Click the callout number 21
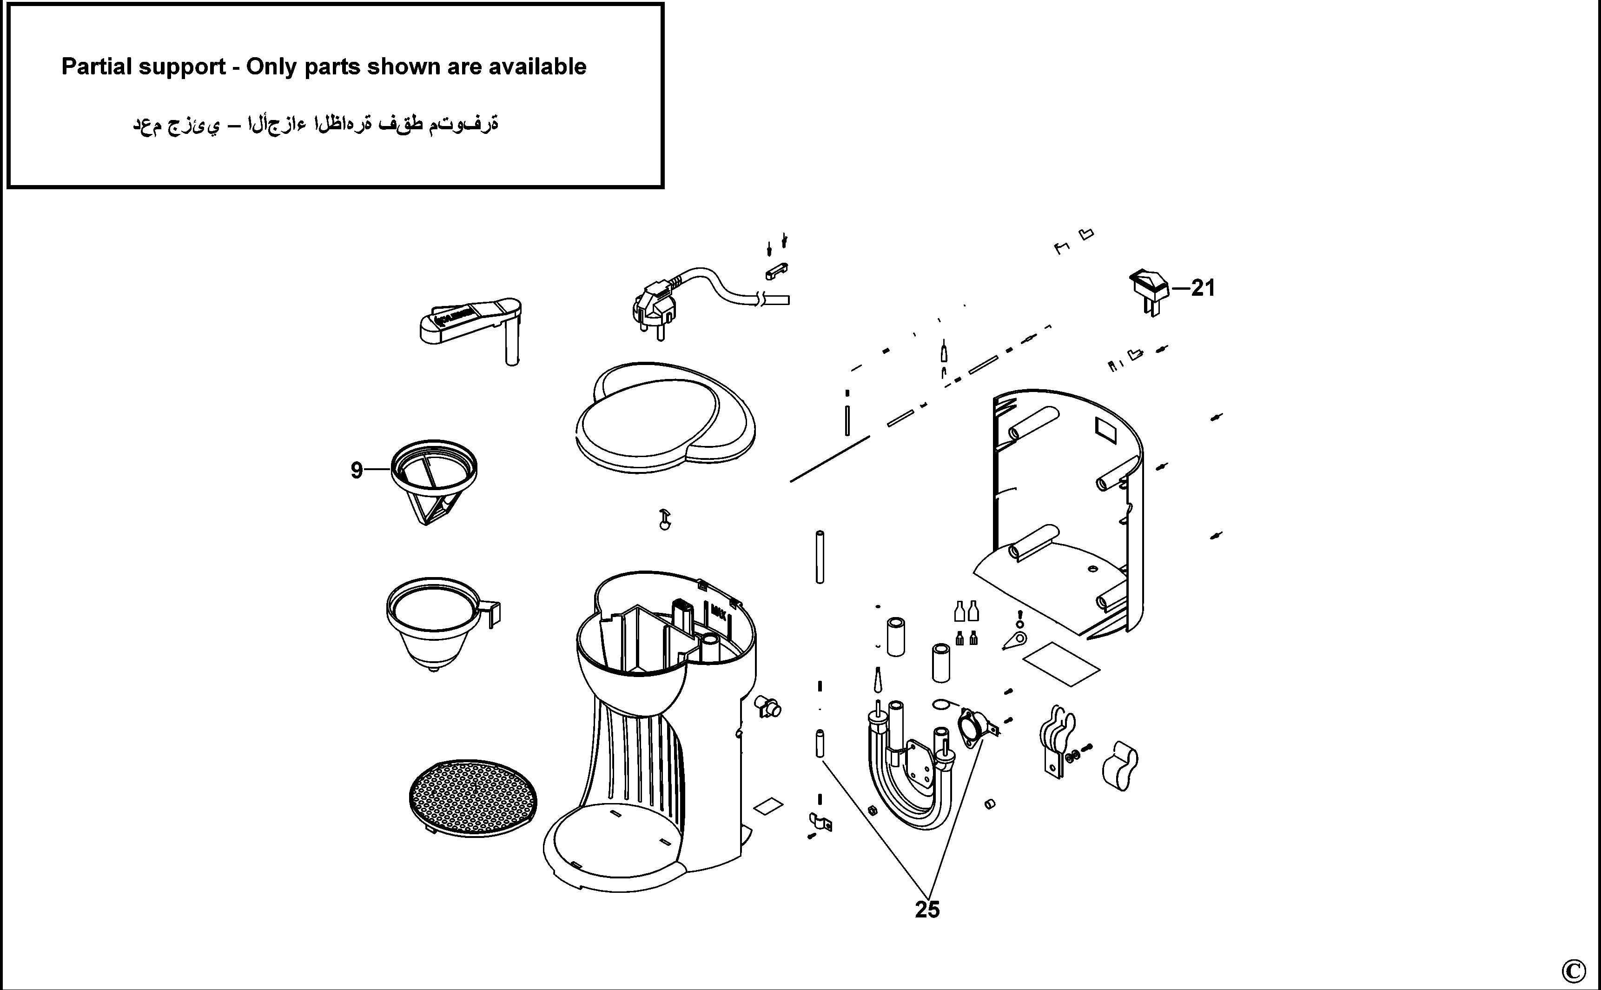1203,288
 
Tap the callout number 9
357,470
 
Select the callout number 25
927,910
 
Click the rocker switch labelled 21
1150,289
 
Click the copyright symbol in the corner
1573,970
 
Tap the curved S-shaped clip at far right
1120,765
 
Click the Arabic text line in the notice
316,124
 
